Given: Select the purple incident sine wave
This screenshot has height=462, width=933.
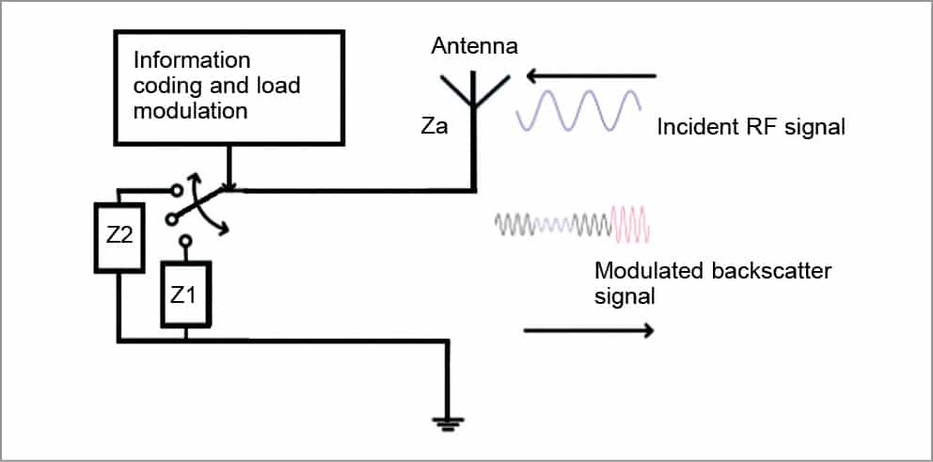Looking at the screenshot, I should (x=579, y=110).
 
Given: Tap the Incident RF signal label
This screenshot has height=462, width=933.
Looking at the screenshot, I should (x=751, y=125).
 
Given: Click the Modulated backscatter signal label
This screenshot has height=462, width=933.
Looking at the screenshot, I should (x=713, y=282).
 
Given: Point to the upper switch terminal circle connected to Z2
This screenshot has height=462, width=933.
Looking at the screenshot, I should (x=172, y=190).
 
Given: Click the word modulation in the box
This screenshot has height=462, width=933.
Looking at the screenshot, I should (x=190, y=111).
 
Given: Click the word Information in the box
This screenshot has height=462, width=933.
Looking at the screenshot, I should (x=192, y=61).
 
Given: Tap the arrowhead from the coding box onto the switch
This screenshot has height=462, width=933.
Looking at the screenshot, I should (x=229, y=185).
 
